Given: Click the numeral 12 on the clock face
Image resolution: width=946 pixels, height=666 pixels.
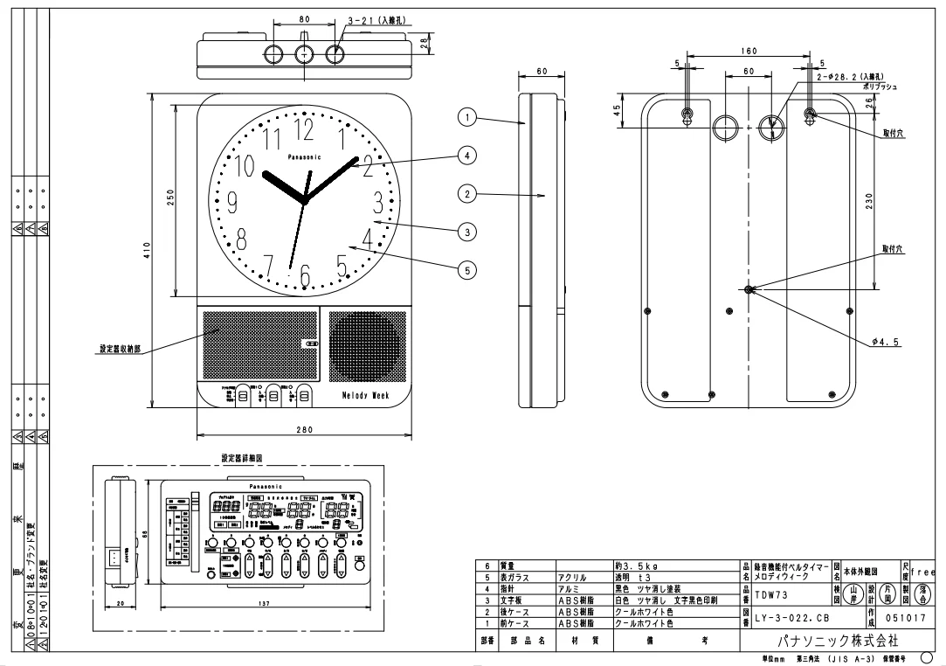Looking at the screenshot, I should coord(304,129).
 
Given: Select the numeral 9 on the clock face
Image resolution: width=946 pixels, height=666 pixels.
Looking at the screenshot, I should coord(232,203).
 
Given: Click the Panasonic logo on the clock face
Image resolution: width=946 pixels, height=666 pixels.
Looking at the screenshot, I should coord(304,156).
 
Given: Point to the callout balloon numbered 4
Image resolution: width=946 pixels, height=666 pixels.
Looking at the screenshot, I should coord(468,155).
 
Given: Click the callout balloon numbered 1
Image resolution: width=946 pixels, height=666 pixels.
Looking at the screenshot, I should coord(468,116).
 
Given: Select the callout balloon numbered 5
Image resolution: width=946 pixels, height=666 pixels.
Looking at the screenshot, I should coord(468,270).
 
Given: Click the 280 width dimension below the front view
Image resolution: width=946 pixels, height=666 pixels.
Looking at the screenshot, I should coord(305,430).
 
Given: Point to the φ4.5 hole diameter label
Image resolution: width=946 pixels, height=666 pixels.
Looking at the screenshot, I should coord(884,341).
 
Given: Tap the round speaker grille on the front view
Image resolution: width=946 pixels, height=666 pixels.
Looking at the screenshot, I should coord(366,345).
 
